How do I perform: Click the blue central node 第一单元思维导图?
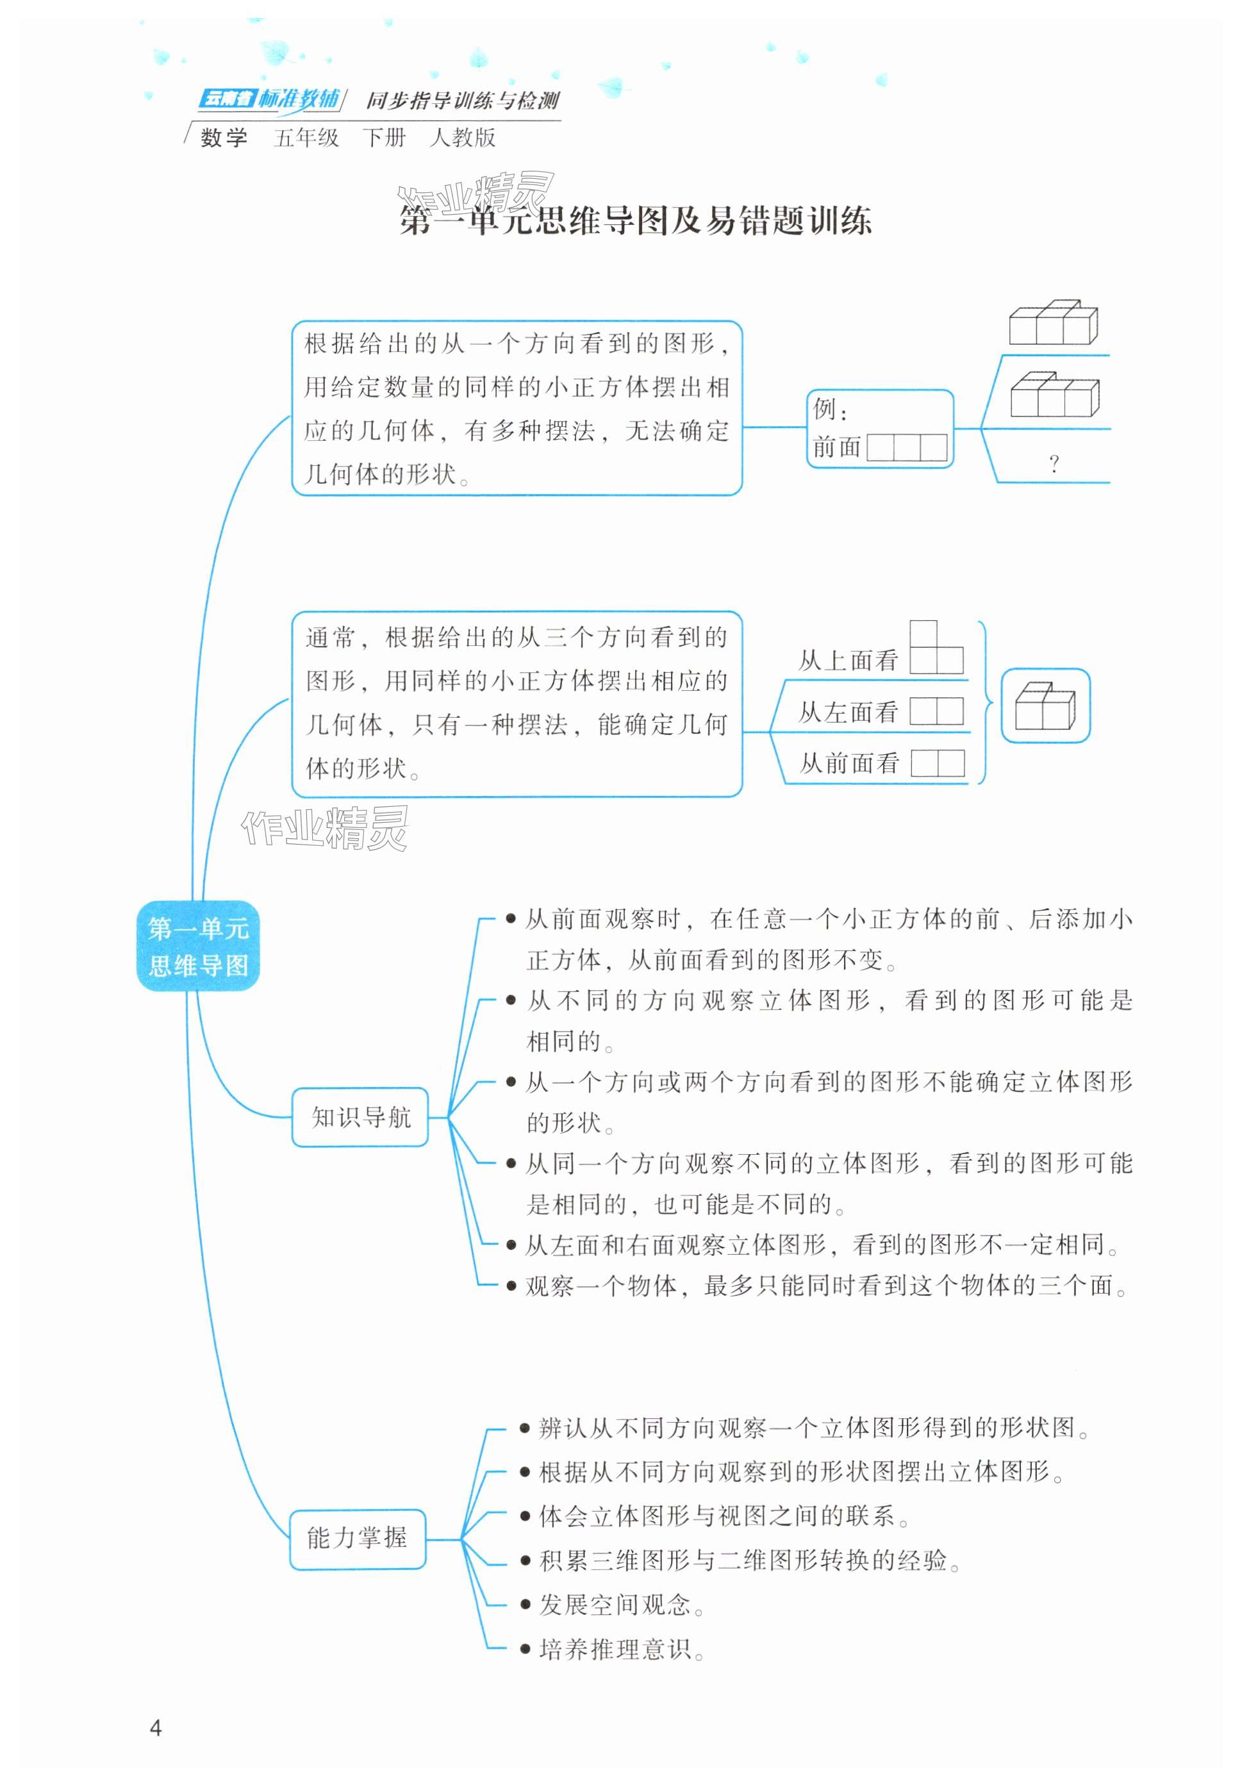pos(197,945)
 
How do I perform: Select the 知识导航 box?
pos(360,1117)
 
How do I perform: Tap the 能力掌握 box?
pos(357,1538)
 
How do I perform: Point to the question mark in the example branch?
pos(1054,465)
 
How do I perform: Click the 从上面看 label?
pos(849,661)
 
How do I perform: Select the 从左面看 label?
pos(849,712)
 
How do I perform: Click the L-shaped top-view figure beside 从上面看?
pos(936,649)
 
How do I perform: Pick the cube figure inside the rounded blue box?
pos(1045,706)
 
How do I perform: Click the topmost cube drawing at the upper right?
pos(1053,322)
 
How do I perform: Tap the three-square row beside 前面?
pos(907,447)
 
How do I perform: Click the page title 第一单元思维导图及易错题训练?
pos(635,221)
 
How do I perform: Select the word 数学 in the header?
pos(224,138)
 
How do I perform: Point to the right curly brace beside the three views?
pos(984,702)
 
